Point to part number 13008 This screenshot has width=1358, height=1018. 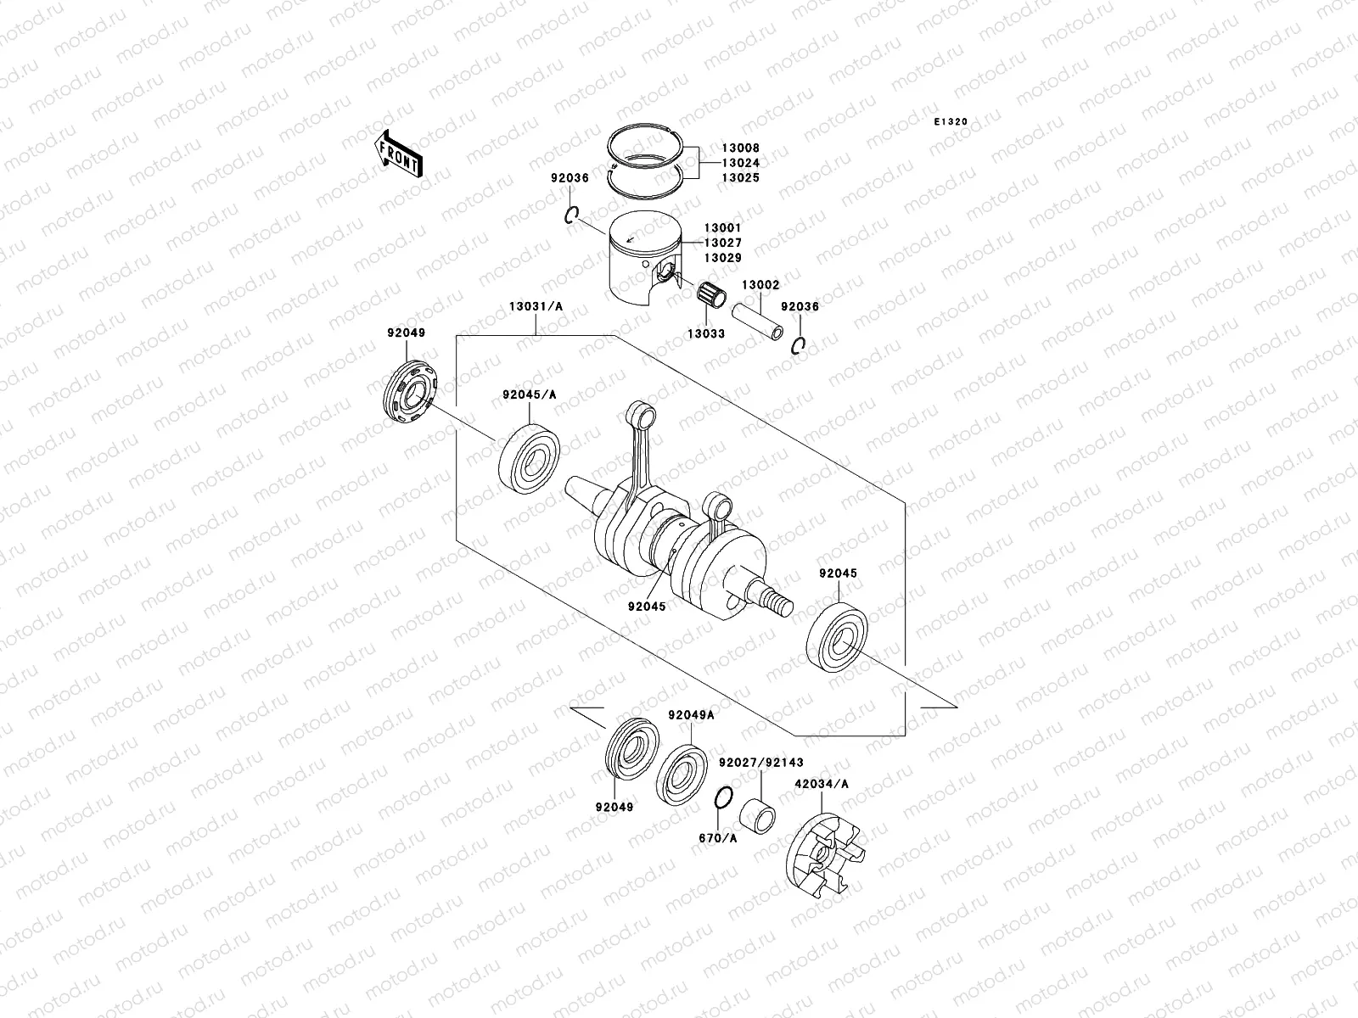[742, 148]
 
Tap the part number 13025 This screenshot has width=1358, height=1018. [742, 178]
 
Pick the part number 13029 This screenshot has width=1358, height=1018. [722, 257]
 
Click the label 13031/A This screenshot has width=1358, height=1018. [535, 329]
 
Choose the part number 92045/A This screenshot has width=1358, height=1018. [529, 394]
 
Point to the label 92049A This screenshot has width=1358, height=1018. [691, 715]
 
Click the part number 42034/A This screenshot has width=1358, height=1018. [822, 785]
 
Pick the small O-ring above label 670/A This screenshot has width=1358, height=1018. [722, 798]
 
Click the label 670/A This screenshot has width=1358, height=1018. [718, 838]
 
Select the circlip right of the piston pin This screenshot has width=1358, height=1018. [800, 345]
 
